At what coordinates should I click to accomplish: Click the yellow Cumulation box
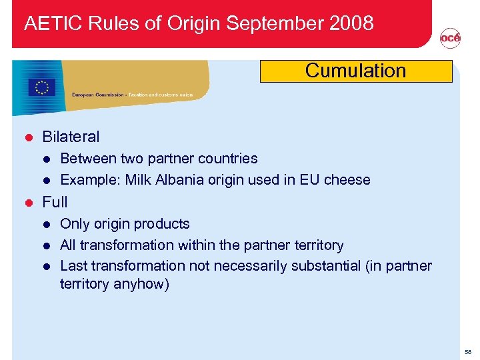coord(355,71)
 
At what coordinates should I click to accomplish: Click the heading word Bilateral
coord(71,137)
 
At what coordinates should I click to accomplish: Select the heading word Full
coord(55,201)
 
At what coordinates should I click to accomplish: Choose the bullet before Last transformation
coord(47,266)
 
